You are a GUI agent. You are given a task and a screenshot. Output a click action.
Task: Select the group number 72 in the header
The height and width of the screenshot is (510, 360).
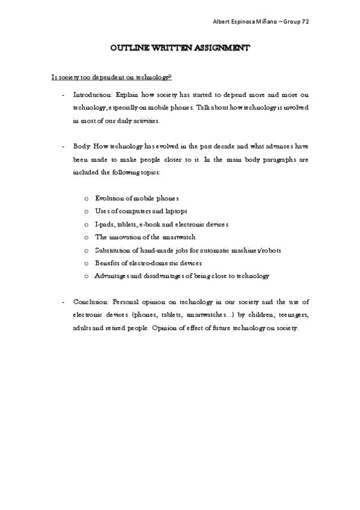[306, 22]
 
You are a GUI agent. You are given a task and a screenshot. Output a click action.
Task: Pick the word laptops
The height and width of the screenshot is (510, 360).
[173, 211]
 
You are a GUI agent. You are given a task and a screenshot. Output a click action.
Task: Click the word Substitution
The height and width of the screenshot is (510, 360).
[113, 250]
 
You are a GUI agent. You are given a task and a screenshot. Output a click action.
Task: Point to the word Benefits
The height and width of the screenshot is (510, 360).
[107, 263]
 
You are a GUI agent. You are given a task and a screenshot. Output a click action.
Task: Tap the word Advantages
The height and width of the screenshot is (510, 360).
[112, 276]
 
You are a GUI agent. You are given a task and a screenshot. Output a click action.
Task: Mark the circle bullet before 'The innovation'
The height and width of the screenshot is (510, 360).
[87, 238]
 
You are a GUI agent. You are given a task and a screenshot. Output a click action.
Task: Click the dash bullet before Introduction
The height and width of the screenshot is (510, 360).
[64, 95]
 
